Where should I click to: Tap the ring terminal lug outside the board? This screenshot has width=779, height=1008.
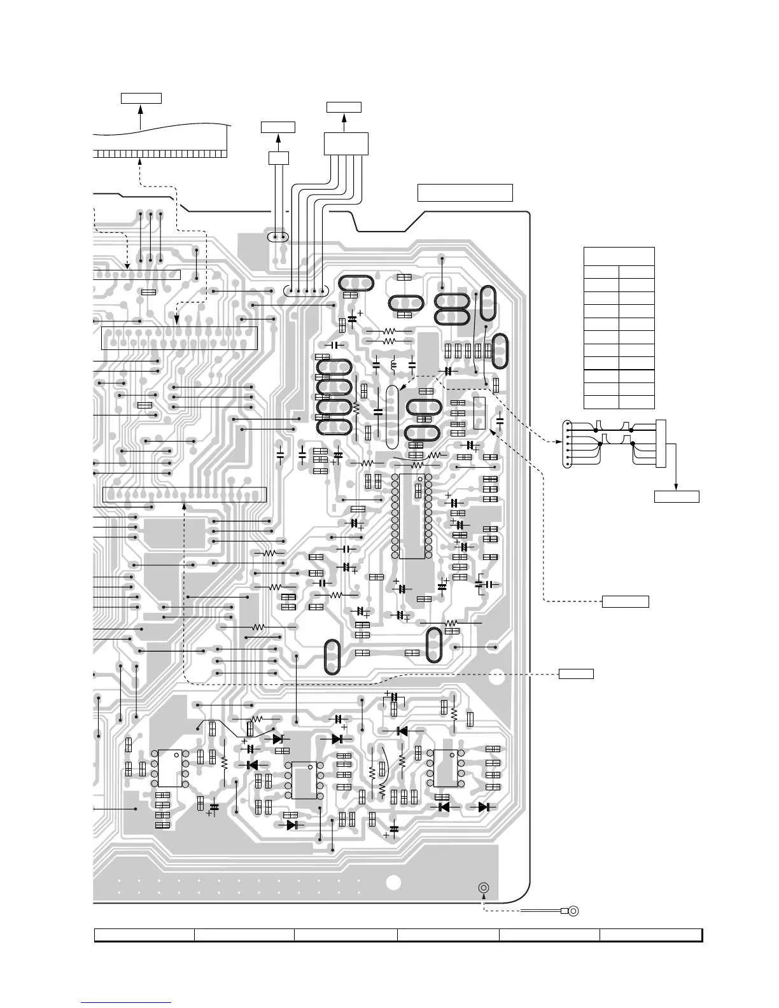[573, 911]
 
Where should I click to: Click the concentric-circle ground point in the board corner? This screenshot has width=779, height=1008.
[484, 888]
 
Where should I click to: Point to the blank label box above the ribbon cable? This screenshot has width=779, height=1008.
[141, 98]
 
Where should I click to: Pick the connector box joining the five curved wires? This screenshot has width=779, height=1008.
[346, 143]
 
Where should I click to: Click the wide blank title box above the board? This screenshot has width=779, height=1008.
[465, 192]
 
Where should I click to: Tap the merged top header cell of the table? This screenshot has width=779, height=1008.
[619, 256]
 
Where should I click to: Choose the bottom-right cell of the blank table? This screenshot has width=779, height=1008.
[636, 402]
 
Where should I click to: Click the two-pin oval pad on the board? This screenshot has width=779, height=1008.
[277, 237]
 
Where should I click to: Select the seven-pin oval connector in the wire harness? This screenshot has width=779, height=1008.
[568, 444]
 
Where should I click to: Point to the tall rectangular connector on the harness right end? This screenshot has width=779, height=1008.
[662, 444]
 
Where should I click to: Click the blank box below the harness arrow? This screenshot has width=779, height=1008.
[677, 496]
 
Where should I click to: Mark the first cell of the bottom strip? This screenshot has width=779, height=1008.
[144, 934]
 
